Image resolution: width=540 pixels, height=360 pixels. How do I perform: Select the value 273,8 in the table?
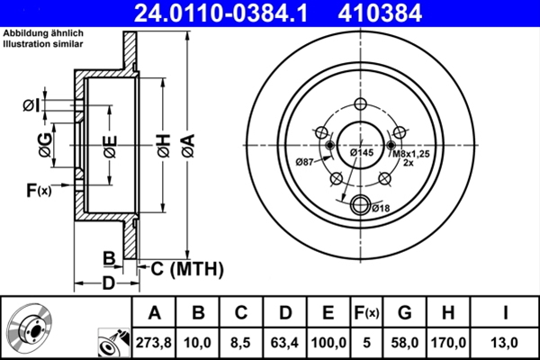[154, 342]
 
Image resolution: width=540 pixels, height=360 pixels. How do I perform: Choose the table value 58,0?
[404, 342]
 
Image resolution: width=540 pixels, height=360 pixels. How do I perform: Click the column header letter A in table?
[154, 312]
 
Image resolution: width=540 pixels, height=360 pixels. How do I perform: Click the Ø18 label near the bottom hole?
[381, 209]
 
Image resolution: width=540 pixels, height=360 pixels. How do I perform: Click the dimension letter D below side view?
[107, 284]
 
